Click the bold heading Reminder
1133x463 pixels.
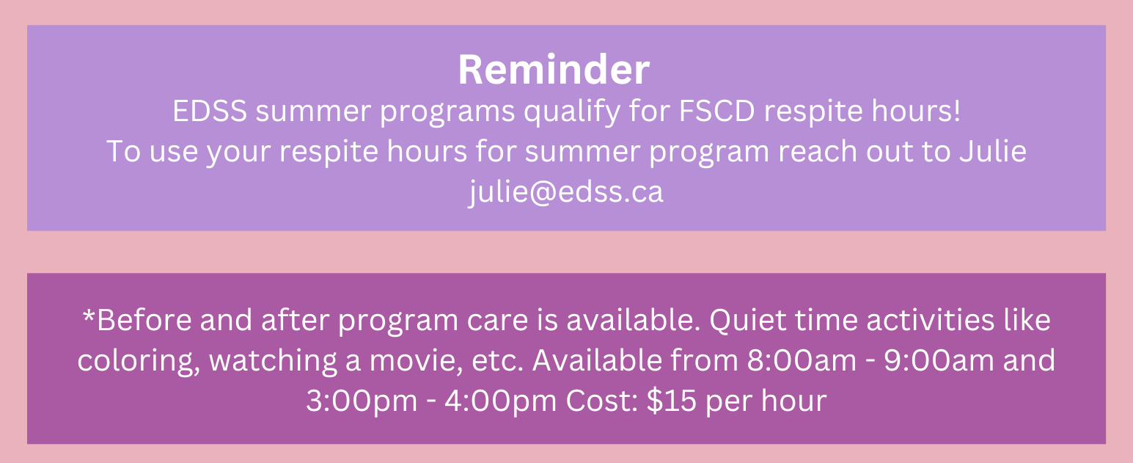coord(554,70)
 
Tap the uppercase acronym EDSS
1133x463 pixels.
coord(210,111)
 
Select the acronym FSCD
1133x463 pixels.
coord(716,111)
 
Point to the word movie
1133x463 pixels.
coord(416,360)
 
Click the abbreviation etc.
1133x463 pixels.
coord(497,361)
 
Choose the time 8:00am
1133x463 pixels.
coord(802,360)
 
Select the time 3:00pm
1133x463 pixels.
coord(362,401)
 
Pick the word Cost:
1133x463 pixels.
coord(602,401)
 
